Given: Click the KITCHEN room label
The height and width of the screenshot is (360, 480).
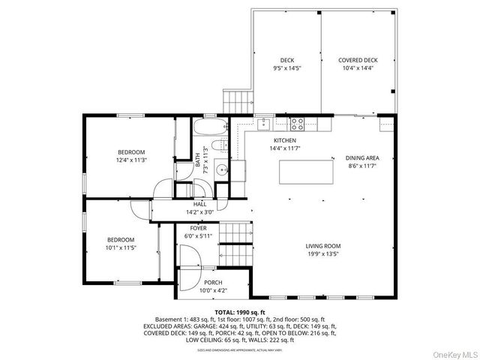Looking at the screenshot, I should click(x=284, y=141).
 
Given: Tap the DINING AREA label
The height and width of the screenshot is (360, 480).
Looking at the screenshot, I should click(x=362, y=157).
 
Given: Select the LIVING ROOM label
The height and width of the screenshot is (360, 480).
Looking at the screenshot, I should click(x=323, y=246).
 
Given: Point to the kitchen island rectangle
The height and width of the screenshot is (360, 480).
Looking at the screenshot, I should click(x=306, y=172).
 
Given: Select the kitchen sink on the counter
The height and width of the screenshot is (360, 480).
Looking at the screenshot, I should click(x=265, y=121).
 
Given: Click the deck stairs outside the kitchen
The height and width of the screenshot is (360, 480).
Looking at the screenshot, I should click(x=235, y=100).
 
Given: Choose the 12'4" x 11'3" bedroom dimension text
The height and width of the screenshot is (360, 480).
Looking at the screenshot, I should click(x=130, y=160).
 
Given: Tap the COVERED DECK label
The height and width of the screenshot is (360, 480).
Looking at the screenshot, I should click(x=357, y=60).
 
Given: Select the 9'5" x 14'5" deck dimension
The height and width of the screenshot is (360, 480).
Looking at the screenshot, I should click(x=287, y=68).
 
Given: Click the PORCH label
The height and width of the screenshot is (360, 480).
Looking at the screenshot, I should click(x=213, y=282).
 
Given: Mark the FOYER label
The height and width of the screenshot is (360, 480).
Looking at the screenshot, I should click(x=198, y=228).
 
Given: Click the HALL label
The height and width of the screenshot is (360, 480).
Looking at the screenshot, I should click(x=199, y=204).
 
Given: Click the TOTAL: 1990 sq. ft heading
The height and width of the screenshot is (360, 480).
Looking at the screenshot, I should click(x=240, y=311).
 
